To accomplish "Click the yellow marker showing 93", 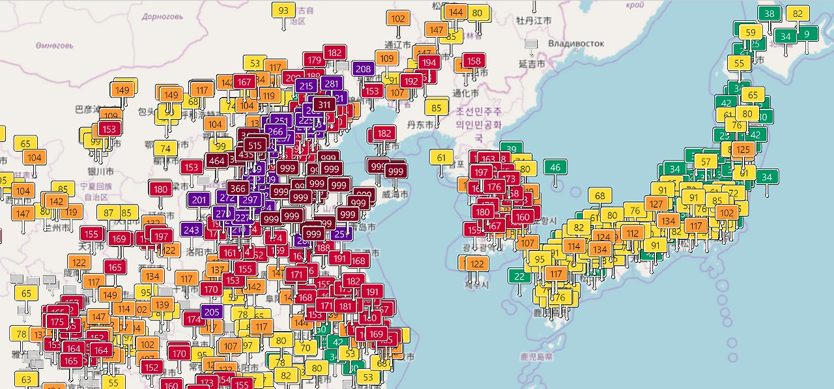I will pyautogui.click(x=283, y=11).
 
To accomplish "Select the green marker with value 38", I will pyautogui.click(x=769, y=14).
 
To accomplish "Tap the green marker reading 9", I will pyautogui.click(x=807, y=34).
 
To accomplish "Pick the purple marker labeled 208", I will pyautogui.click(x=364, y=68).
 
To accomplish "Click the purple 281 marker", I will pyautogui.click(x=332, y=83).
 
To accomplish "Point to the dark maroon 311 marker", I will pyautogui.click(x=324, y=104).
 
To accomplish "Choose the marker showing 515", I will pyautogui.click(x=255, y=145).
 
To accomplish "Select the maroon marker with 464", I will pyautogui.click(x=217, y=160).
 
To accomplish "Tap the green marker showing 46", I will pyautogui.click(x=555, y=167).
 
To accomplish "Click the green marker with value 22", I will pyautogui.click(x=519, y=276).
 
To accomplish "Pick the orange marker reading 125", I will pyautogui.click(x=741, y=150).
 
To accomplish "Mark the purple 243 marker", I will pyautogui.click(x=192, y=229).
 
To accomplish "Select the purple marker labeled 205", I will pyautogui.click(x=212, y=312).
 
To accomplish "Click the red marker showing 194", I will pyautogui.click(x=428, y=63).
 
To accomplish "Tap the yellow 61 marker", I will pyautogui.click(x=442, y=157).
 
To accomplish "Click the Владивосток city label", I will pyautogui.click(x=576, y=44).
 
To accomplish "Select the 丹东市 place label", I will pyautogui.click(x=420, y=124).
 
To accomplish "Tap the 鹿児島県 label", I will pyautogui.click(x=536, y=356).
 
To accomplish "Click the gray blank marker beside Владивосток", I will pyautogui.click(x=532, y=44).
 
